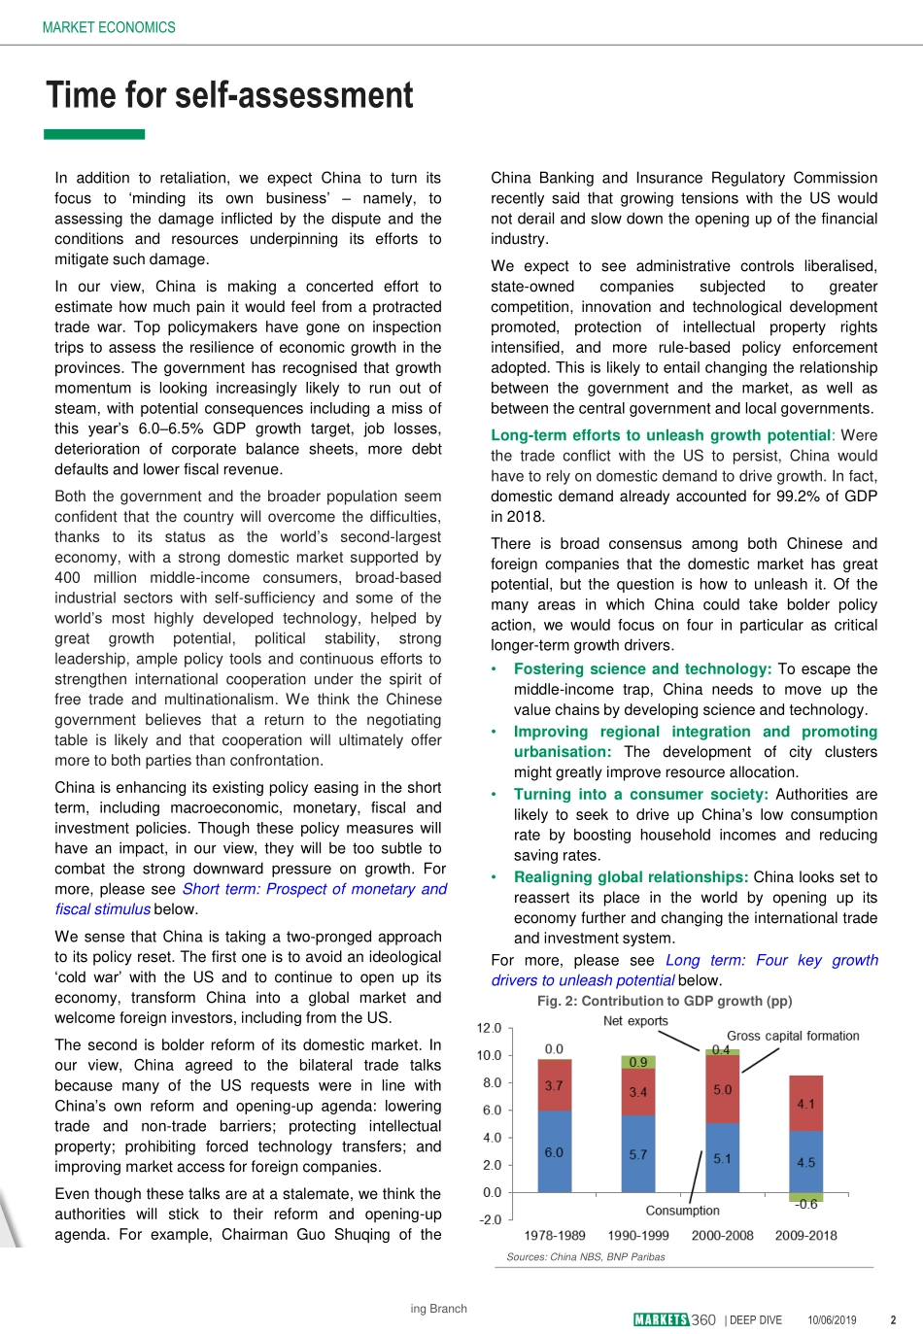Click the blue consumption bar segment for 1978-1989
tap(554, 1151)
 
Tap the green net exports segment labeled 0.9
tap(637, 1062)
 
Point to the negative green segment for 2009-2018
tap(805, 1197)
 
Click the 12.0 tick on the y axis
tap(489, 1028)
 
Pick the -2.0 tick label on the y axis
tap(490, 1220)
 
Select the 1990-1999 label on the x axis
tap(638, 1236)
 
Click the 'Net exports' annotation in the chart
tap(635, 1021)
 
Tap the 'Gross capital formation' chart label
tap(793, 1036)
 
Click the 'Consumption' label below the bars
tap(682, 1211)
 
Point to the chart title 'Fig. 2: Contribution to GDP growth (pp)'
tap(665, 1001)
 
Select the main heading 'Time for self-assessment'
tap(229, 95)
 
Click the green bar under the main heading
tap(94, 134)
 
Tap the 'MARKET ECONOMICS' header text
tap(109, 27)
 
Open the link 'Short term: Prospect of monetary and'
tap(315, 889)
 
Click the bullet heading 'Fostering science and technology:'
tap(642, 668)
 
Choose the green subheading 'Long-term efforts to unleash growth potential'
tap(661, 435)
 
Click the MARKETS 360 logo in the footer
tap(674, 1319)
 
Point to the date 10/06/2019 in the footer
tap(832, 1320)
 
